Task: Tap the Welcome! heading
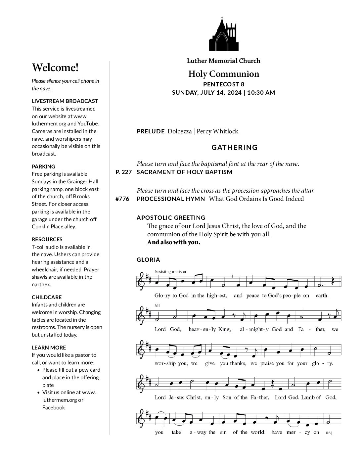pyautogui.click(x=55, y=68)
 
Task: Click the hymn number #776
pyautogui.click(x=122, y=199)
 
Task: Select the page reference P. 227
pyautogui.click(x=124, y=172)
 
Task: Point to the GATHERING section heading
pyautogui.click(x=234, y=148)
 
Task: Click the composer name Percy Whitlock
pyautogui.click(x=217, y=131)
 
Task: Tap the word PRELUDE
pyautogui.click(x=151, y=131)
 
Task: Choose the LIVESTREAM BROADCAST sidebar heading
pyautogui.click(x=65, y=101)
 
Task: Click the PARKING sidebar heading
pyautogui.click(x=43, y=166)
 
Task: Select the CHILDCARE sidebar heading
pyautogui.click(x=47, y=297)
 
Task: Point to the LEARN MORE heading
pyautogui.click(x=49, y=348)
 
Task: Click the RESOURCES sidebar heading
pyautogui.click(x=47, y=239)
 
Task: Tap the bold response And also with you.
pyautogui.click(x=174, y=242)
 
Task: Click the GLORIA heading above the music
pyautogui.click(x=148, y=260)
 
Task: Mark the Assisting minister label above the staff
pyautogui.click(x=170, y=272)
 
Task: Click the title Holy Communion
pyautogui.click(x=224, y=74)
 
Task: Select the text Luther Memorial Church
pyautogui.click(x=224, y=61)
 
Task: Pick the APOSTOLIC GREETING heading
pyautogui.click(x=171, y=218)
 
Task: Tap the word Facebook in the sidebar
pyautogui.click(x=54, y=407)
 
